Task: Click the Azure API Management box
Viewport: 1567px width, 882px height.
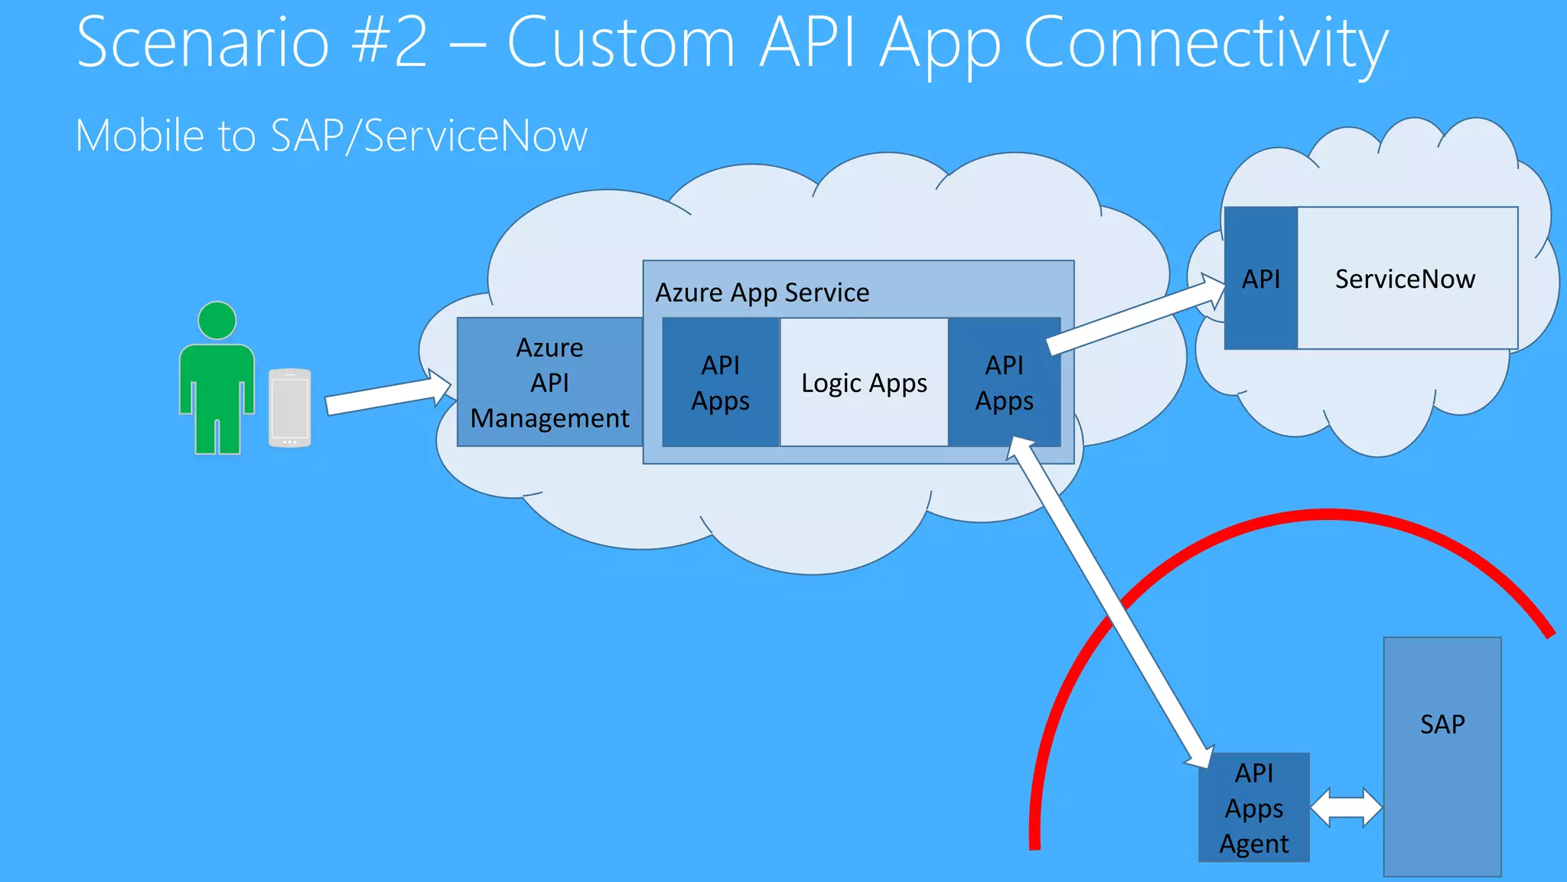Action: [x=549, y=382]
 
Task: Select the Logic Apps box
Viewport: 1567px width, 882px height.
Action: [x=864, y=382]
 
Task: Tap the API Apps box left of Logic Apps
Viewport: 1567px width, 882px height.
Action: [x=720, y=382]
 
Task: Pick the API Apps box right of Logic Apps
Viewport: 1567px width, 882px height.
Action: [x=1003, y=382]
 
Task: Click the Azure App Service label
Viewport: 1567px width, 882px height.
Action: [x=762, y=292]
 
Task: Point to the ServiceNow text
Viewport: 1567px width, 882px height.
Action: [x=1405, y=279]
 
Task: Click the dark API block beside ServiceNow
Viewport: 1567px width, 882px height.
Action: [x=1260, y=279]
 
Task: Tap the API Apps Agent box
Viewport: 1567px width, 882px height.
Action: [x=1253, y=808]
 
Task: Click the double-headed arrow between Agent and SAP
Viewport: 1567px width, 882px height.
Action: [x=1346, y=807]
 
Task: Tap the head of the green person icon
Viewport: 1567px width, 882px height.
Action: [x=217, y=320]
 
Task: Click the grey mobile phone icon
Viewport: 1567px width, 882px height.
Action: [x=290, y=407]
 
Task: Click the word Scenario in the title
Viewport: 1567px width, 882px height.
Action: [x=203, y=43]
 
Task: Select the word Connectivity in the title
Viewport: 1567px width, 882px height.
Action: [x=1205, y=43]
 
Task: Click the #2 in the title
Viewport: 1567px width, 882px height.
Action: [x=390, y=43]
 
